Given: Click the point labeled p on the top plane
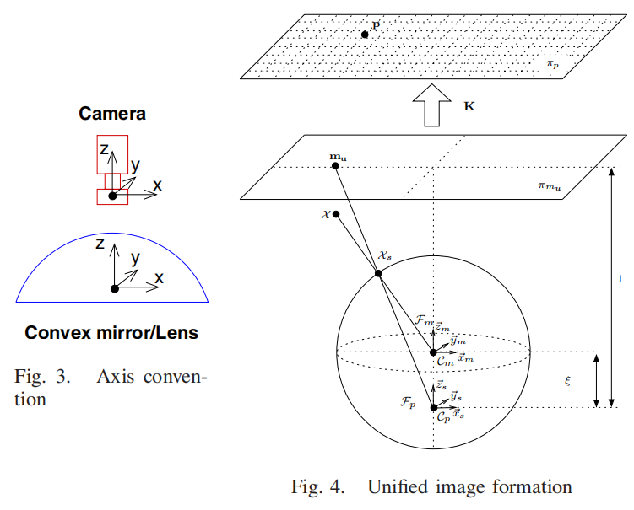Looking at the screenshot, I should pyautogui.click(x=365, y=35).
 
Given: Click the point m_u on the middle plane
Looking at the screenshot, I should pyautogui.click(x=336, y=165).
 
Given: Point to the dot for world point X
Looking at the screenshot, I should pyautogui.click(x=336, y=215).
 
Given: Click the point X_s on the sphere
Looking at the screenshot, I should pyautogui.click(x=377, y=272).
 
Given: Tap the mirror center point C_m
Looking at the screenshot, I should pyautogui.click(x=433, y=352).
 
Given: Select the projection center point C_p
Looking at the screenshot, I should pyautogui.click(x=433, y=408).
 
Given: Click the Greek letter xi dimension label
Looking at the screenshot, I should pyautogui.click(x=567, y=381).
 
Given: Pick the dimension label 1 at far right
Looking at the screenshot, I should pyautogui.click(x=620, y=281).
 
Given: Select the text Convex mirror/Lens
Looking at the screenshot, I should pyautogui.click(x=111, y=333).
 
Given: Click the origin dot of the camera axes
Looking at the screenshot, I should pyautogui.click(x=112, y=196).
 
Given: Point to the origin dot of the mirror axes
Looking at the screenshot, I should pyautogui.click(x=115, y=288).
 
